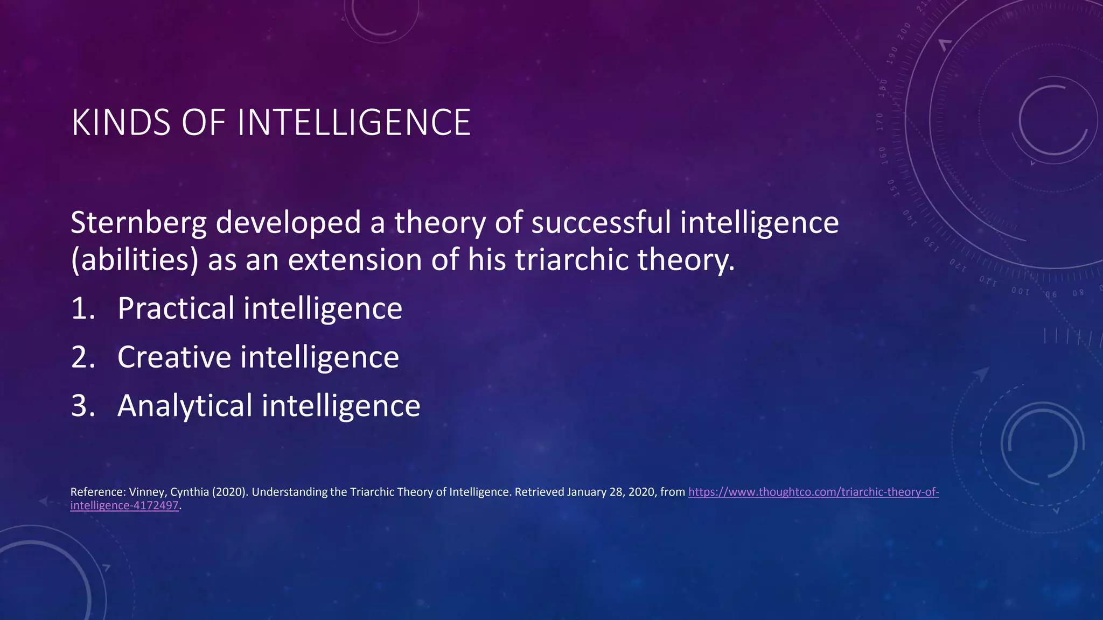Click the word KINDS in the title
tap(121, 123)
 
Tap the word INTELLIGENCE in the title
tap(354, 123)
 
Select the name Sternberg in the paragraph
tap(138, 223)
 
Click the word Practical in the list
tap(176, 308)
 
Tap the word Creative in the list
tap(174, 357)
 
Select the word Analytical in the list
tap(185, 406)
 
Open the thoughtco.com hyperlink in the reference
tap(813, 492)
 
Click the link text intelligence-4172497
tap(124, 505)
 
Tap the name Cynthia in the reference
tap(190, 492)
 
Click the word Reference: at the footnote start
tap(97, 492)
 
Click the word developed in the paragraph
tap(288, 223)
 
